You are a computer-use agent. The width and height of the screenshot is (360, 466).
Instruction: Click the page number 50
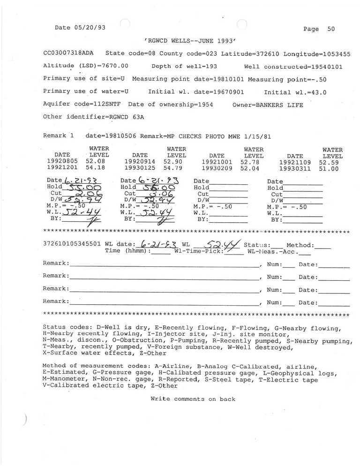tap(331, 29)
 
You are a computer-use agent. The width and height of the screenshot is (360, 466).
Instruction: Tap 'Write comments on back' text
tap(193, 399)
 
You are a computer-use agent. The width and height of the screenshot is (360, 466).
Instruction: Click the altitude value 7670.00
tap(112, 66)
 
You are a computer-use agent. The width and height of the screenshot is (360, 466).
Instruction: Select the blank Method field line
tap(324, 246)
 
